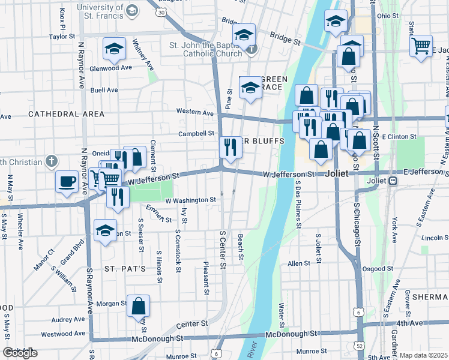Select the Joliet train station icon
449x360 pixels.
pyautogui.click(x=393, y=181)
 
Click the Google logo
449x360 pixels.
pyautogui.click(x=20, y=353)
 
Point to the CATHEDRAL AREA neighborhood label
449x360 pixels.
pyautogui.click(x=66, y=113)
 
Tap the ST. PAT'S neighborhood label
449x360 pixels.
pyautogui.click(x=125, y=268)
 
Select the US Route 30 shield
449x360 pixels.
pyautogui.click(x=160, y=11)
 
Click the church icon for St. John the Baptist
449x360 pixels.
pyautogui.click(x=252, y=49)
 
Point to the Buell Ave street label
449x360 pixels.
pyautogui.click(x=104, y=90)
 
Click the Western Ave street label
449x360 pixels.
pyautogui.click(x=194, y=112)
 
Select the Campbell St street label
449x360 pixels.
pyautogui.click(x=196, y=133)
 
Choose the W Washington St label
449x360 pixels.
pyautogui.click(x=190, y=200)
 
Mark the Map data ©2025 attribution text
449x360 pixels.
pyautogui.click(x=423, y=355)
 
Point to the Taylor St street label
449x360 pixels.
pyautogui.click(x=61, y=37)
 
